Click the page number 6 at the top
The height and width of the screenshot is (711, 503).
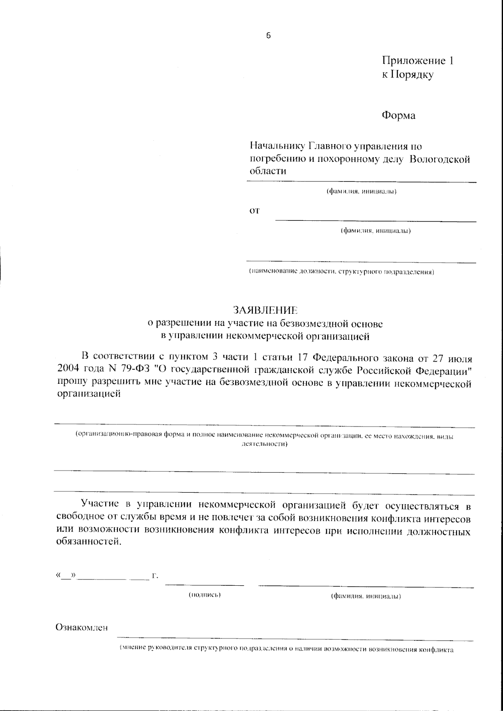(x=268, y=36)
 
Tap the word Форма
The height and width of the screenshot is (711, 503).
(x=398, y=116)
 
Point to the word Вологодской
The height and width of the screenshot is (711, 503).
(x=440, y=159)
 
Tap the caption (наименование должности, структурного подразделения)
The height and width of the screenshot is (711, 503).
(x=342, y=272)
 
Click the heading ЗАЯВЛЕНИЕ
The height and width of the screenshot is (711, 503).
(x=266, y=310)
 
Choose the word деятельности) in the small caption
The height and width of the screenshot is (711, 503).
(x=262, y=445)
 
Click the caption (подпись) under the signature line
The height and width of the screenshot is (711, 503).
(x=205, y=595)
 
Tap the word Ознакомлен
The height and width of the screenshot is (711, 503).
(x=82, y=628)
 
